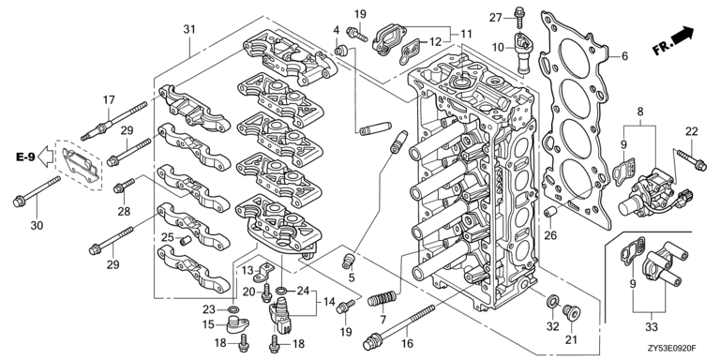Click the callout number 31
point(189,29)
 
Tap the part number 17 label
point(109,100)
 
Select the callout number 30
point(37,225)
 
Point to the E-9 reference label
point(25,157)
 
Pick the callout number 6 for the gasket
point(624,56)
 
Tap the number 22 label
point(692,131)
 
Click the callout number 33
point(652,327)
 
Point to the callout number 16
point(407,343)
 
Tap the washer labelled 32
point(553,302)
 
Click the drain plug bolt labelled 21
point(571,313)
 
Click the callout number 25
point(168,237)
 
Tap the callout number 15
point(208,324)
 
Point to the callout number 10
point(497,46)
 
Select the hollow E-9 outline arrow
point(45,157)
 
